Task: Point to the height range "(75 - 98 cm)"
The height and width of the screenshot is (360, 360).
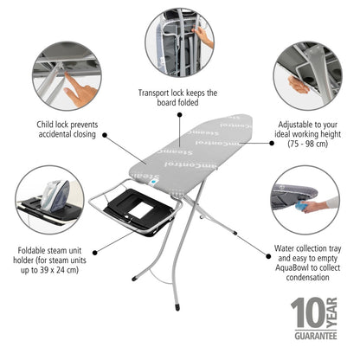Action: pyautogui.click(x=308, y=146)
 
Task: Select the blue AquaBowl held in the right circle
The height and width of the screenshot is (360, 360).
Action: pyautogui.click(x=303, y=205)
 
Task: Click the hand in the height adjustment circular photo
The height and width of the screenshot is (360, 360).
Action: pyautogui.click(x=299, y=85)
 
